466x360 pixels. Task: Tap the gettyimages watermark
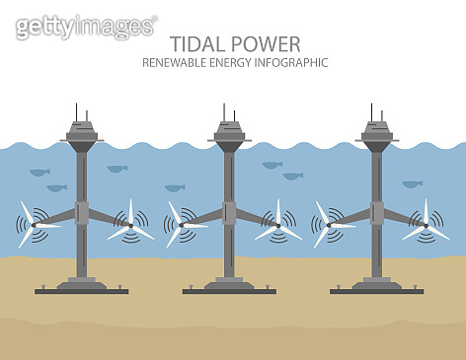86,26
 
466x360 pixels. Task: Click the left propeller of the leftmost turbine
34,224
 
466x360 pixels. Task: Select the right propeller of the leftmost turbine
130,226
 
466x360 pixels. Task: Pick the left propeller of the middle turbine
181,224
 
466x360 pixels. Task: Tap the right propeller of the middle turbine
277,226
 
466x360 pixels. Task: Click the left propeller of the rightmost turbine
328,224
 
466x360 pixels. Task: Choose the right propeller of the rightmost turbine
426,226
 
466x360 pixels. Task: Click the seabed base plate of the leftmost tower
81,290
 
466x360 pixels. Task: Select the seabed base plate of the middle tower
228,290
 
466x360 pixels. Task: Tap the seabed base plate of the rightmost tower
376,290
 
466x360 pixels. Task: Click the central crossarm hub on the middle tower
229,212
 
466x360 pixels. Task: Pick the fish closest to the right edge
412,183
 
